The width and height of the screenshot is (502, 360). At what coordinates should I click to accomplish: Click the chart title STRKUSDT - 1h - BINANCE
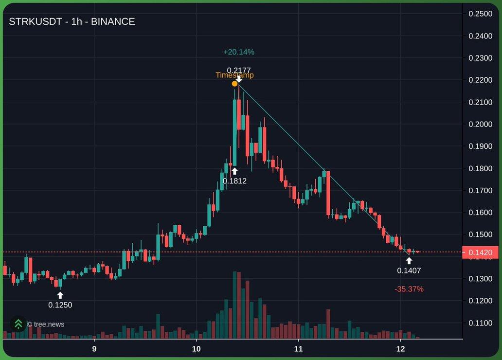[72, 21]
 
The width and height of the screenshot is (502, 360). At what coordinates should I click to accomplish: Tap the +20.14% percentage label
[239, 52]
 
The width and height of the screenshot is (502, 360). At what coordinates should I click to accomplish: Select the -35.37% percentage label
[409, 289]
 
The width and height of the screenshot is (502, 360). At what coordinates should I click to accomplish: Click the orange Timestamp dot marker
[234, 84]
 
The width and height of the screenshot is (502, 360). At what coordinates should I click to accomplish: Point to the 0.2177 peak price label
[239, 70]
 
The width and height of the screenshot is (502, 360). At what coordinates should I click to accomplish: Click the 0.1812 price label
[234, 181]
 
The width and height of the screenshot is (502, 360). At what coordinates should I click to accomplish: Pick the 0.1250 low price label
[60, 305]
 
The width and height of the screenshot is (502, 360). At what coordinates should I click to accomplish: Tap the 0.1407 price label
[409, 270]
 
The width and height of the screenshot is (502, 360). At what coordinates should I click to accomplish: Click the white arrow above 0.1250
[60, 295]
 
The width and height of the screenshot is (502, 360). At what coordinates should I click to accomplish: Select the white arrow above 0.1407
[409, 260]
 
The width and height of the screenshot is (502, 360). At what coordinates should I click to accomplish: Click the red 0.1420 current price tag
[480, 252]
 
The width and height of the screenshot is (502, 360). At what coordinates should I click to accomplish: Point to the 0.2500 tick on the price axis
[480, 14]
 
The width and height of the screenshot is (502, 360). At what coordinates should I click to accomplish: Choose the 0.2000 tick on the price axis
[480, 124]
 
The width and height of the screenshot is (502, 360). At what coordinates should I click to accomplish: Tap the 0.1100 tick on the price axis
[480, 323]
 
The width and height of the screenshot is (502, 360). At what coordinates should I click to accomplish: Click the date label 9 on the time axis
[94, 349]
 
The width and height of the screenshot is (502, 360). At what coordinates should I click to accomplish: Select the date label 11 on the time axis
[298, 349]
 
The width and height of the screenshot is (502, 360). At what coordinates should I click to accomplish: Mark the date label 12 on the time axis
[400, 349]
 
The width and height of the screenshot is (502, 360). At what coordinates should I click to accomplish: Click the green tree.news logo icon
[18, 324]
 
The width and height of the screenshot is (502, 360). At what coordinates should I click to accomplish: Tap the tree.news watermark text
[45, 324]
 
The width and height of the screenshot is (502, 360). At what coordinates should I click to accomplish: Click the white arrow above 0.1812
[234, 171]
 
